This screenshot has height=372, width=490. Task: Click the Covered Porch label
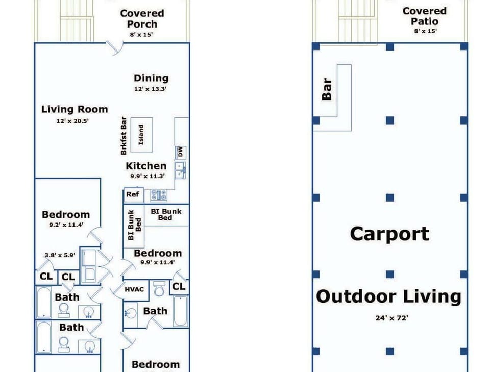click(x=142, y=19)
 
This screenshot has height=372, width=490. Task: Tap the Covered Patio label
click(x=424, y=16)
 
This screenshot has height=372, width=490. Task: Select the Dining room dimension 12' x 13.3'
click(x=150, y=89)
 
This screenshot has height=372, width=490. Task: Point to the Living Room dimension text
click(x=72, y=121)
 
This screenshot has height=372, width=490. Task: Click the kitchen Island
click(x=141, y=135)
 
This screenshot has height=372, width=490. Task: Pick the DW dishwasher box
click(x=181, y=153)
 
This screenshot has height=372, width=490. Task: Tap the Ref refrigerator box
click(x=134, y=194)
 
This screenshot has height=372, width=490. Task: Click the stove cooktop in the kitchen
click(x=159, y=195)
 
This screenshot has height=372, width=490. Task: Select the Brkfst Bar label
click(x=124, y=136)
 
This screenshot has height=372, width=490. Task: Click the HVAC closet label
click(x=134, y=289)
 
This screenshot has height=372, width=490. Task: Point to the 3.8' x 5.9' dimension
click(x=60, y=255)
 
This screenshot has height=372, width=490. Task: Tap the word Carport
click(x=389, y=234)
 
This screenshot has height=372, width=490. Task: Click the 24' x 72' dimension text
click(x=392, y=318)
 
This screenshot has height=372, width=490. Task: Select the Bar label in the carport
click(x=327, y=89)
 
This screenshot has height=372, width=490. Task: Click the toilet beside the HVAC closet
click(x=159, y=289)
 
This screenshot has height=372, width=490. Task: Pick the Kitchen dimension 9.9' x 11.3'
click(x=148, y=176)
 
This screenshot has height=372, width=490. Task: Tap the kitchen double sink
click(x=180, y=170)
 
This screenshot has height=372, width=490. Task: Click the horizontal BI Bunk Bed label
click(x=166, y=215)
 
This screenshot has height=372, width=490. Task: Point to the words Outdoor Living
click(x=389, y=296)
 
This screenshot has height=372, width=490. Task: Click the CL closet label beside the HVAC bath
click(x=179, y=286)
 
